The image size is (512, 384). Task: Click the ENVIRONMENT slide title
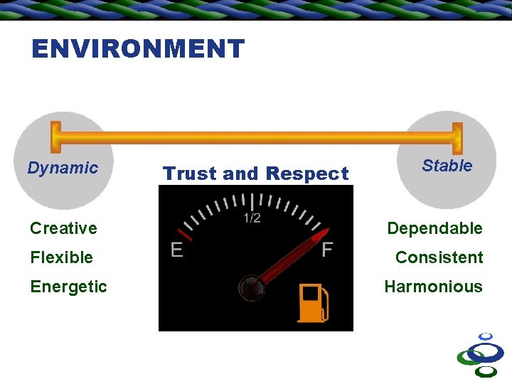coord(138,49)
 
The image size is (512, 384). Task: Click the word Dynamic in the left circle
coord(63,168)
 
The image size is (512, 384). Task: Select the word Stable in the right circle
coord(447,166)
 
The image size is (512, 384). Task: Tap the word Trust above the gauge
coord(190,174)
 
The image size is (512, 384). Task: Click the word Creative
coord(63,228)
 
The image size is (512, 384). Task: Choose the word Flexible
coord(61,257)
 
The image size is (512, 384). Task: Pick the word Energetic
coord(68,287)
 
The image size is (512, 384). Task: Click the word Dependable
coord(434,228)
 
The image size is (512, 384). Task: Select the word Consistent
coord(439,257)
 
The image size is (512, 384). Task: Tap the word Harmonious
coord(433,287)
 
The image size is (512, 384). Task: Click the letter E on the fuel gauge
coord(177,250)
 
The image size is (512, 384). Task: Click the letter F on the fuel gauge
coord(327,250)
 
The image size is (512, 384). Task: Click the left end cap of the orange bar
coord(55,138)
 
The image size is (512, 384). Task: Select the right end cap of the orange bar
coord(457,138)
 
